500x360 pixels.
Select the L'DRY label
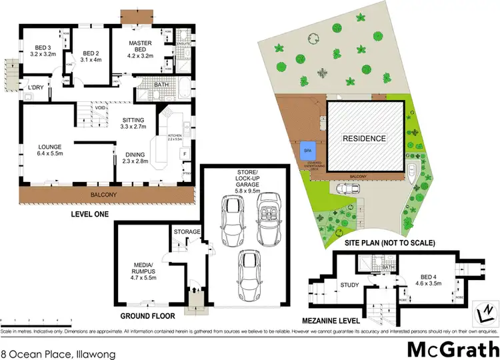[35, 88]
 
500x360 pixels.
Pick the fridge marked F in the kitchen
[183, 153]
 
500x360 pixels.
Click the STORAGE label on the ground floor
[187, 231]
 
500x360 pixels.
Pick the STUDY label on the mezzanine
[350, 285]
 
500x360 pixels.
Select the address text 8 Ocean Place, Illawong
[46, 347]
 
